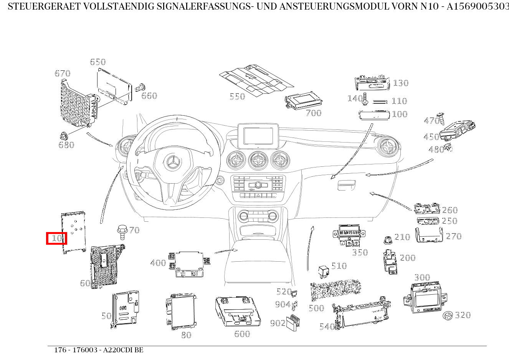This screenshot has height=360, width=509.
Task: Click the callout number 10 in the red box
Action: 56,238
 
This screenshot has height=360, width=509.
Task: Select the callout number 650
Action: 98,62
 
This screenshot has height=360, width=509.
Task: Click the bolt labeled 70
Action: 122,232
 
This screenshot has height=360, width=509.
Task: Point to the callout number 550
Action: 237,96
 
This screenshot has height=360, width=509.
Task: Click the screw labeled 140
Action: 365,98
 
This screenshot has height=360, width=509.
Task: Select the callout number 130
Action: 400,83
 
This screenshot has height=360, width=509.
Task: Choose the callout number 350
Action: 360,252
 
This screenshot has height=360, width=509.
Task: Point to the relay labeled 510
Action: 323,271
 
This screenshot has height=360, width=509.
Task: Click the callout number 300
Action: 422,277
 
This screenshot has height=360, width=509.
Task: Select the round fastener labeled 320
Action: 447,316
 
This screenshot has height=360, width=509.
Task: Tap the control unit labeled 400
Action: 188,264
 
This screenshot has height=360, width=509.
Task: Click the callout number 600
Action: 242,333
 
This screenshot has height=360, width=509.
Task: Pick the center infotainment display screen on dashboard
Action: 257,136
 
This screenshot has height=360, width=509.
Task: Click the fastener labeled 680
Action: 63,136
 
